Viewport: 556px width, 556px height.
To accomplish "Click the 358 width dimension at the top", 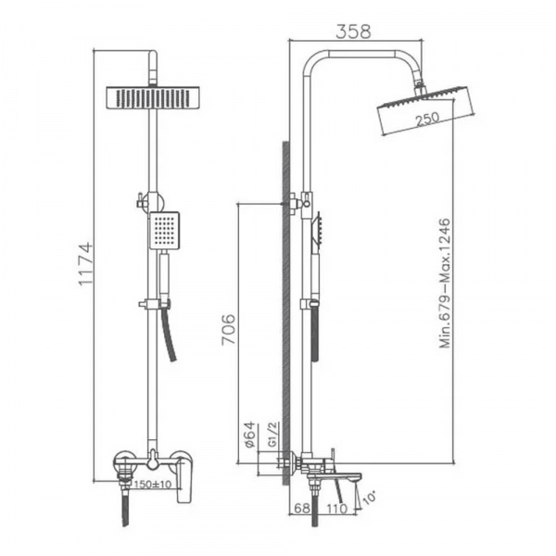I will point(352,30).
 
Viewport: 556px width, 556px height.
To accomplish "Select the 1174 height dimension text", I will point(86,265).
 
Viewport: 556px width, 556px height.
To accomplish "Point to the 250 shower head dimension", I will point(427,120).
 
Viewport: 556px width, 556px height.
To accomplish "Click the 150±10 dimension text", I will point(154,484).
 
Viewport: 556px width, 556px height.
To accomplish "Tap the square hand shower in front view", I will point(164,230).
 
